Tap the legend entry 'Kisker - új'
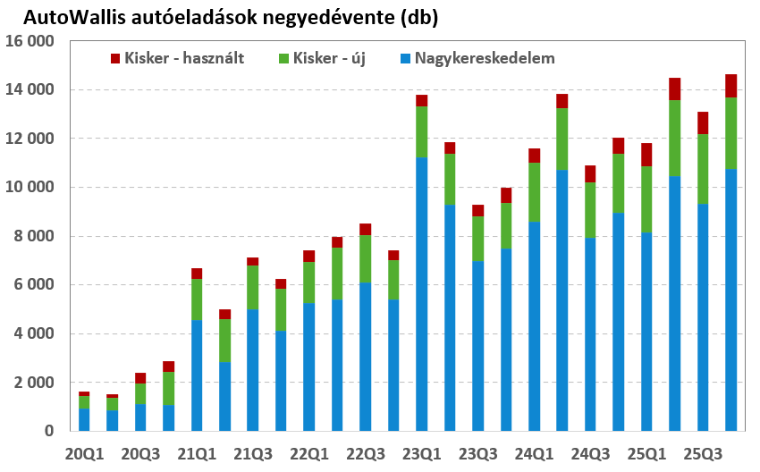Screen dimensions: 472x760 pyautogui.click(x=327, y=58)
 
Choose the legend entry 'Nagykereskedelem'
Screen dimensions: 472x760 pyautogui.click(x=477, y=58)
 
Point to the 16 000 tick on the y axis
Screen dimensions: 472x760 pyautogui.click(x=30, y=42)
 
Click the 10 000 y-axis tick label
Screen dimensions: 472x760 pyautogui.click(x=30, y=188)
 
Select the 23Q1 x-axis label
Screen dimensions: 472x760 pyautogui.click(x=422, y=455)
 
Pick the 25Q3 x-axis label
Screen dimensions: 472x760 pyautogui.click(x=704, y=455)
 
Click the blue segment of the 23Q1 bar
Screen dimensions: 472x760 pyautogui.click(x=422, y=295)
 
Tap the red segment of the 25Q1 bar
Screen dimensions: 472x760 pyautogui.click(x=646, y=155)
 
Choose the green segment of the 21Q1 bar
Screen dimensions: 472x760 pyautogui.click(x=196, y=299)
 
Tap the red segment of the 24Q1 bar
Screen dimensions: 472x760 pyautogui.click(x=534, y=156)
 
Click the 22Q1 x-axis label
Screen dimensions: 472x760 pyautogui.click(x=309, y=455)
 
